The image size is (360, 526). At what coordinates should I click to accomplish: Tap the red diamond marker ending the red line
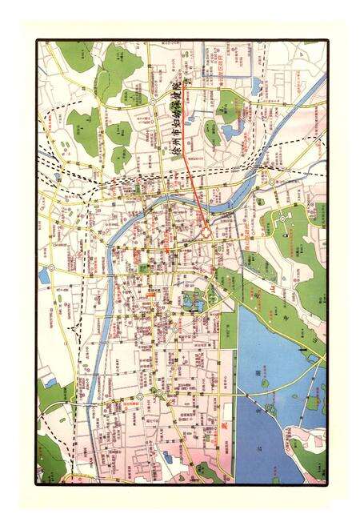[x=205, y=231]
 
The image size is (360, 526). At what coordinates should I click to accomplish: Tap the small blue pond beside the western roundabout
[x=43, y=277]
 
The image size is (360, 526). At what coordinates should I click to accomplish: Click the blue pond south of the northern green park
[x=232, y=128]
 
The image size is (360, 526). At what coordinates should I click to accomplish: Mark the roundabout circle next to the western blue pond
[x=52, y=267]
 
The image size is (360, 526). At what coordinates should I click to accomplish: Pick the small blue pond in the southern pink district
[x=167, y=456]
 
